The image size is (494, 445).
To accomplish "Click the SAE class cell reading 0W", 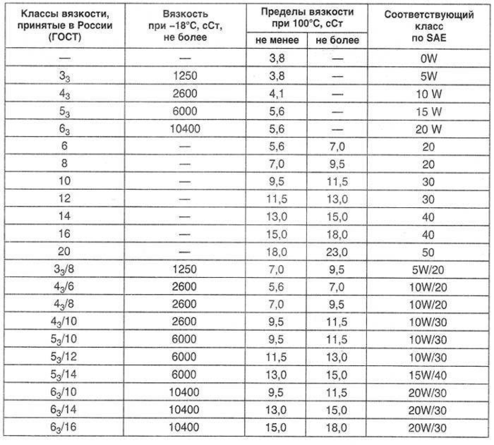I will coord(428,58).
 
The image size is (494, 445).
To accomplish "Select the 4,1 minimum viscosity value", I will coord(277,94).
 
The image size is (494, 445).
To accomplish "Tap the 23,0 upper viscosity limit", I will coord(337,252).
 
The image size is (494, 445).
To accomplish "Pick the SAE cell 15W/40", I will coord(428,375).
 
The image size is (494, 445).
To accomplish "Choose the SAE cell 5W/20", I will coord(428,270).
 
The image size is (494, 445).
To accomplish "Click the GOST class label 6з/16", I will coord(64,428).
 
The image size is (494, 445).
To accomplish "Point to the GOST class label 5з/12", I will coord(64,357).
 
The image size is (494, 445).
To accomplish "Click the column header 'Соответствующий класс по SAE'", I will coord(429,26).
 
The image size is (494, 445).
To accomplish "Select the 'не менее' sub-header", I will coord(277,40).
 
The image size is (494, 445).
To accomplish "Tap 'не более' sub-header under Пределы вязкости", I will coord(337,40).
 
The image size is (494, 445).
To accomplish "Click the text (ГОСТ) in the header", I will coord(65,37).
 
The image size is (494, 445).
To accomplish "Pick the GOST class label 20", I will coord(64,252).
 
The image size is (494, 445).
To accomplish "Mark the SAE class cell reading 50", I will coord(428,252).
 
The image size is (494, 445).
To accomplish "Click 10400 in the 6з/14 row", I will coord(184,410).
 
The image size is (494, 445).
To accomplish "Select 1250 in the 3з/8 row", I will coord(185,269).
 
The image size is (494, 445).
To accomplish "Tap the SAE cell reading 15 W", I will coord(428,111).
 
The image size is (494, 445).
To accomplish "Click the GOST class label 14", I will coord(64,216).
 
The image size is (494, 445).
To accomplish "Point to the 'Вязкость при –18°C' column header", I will coord(185,25).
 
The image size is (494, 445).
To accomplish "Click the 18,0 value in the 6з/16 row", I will coord(337,428).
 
